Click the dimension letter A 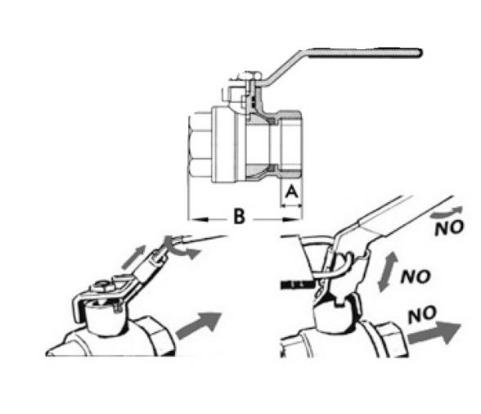point(291,191)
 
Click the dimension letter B point(239,216)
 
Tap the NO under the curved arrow point(449,227)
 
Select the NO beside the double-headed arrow point(416,277)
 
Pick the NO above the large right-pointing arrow point(422,314)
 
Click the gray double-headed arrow point(388,272)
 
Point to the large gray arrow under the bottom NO point(434,333)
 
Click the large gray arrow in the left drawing point(199,326)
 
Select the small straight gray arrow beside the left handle point(133,257)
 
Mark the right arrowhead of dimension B point(291,219)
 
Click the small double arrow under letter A point(291,206)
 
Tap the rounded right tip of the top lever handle point(420,53)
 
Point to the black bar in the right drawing point(297,284)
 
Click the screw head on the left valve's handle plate point(103,286)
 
